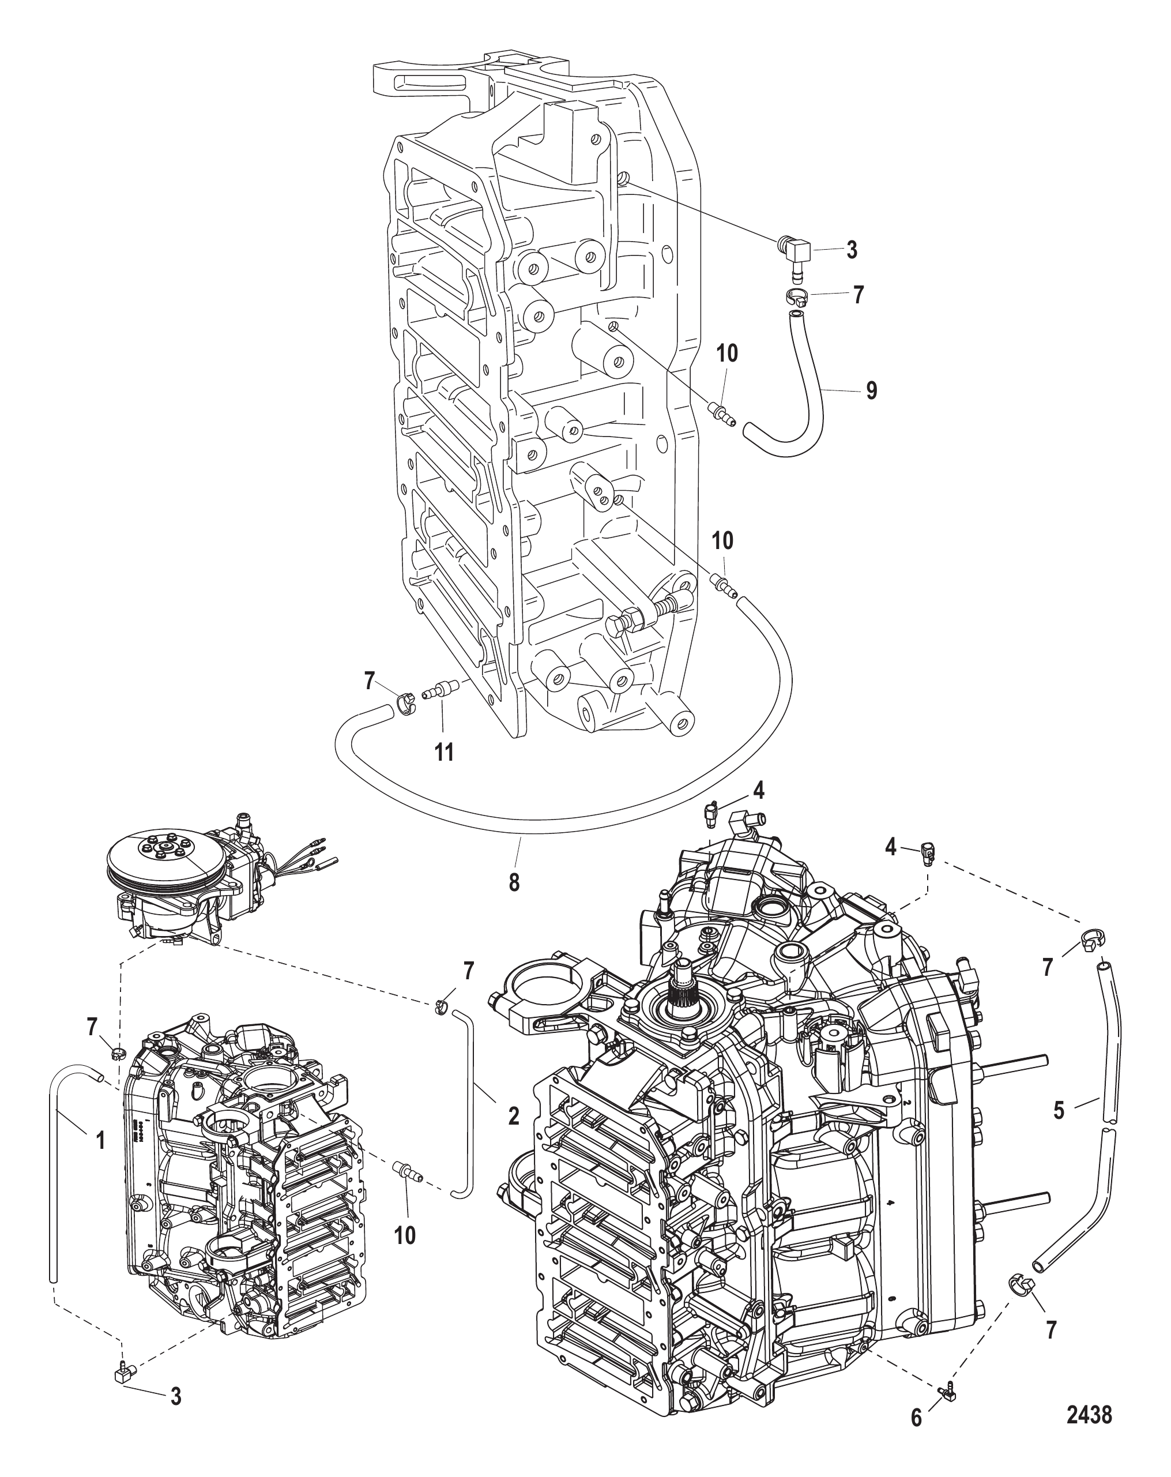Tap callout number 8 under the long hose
pyautogui.click(x=514, y=882)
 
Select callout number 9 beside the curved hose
pyautogui.click(x=871, y=390)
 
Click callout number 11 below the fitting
pyautogui.click(x=445, y=752)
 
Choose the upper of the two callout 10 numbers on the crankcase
pyautogui.click(x=726, y=354)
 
